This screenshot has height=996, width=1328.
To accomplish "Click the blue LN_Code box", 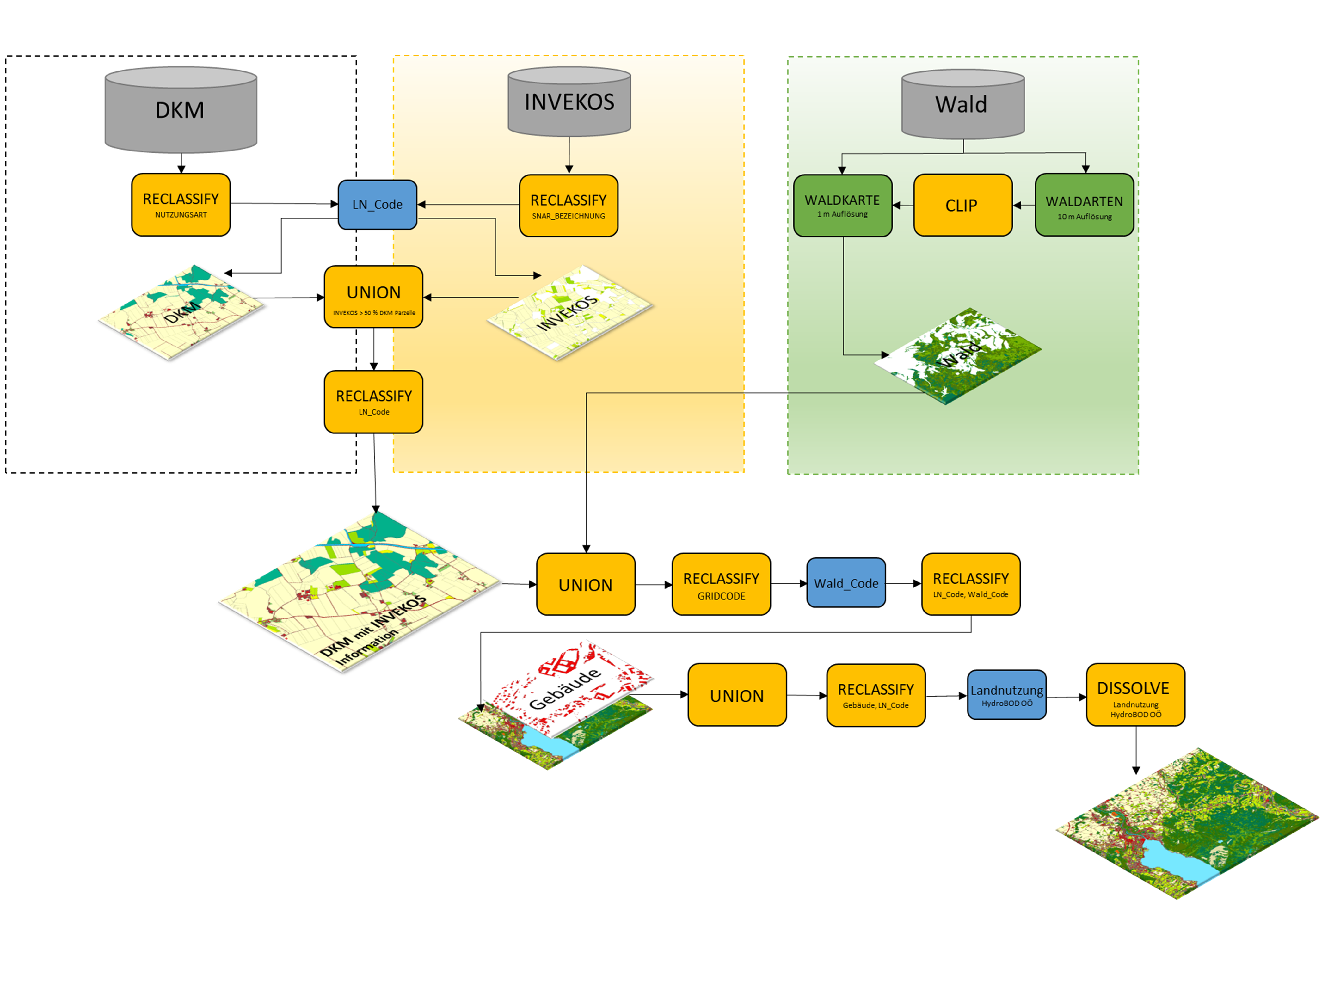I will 377,205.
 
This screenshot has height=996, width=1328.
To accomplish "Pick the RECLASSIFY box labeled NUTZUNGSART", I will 181,205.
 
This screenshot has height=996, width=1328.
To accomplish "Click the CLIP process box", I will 962,205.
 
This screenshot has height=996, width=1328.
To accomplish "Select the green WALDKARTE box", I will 842,205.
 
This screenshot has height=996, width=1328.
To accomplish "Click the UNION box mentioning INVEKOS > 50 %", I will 373,297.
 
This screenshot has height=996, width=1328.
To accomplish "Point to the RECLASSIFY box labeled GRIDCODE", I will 721,584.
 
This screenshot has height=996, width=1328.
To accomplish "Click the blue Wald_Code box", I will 846,583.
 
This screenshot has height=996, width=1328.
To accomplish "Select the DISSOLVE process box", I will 1135,695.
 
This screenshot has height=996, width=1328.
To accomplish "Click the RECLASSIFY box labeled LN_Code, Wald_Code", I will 970,584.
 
